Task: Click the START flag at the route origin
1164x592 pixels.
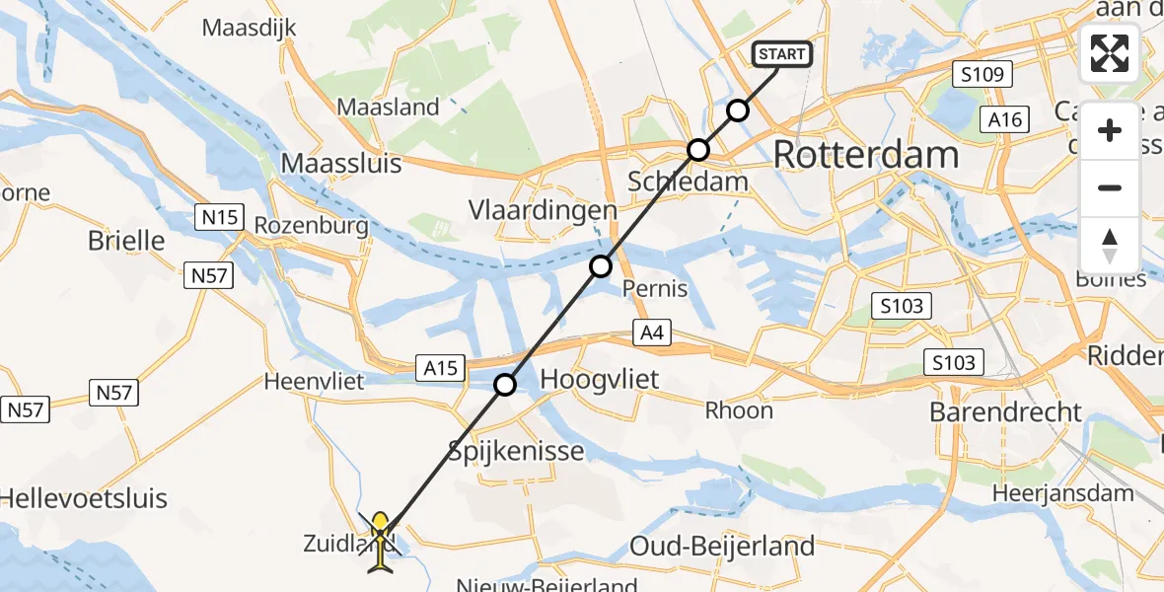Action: [x=783, y=54]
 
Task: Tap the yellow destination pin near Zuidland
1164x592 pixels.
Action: [x=380, y=531]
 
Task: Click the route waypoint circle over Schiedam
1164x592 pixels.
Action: [x=698, y=150]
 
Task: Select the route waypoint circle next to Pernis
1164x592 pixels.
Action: [x=601, y=266]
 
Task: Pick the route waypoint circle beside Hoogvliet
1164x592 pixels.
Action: [x=505, y=385]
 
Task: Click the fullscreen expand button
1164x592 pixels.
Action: [x=1110, y=53]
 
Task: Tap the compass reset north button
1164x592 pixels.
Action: [x=1110, y=245]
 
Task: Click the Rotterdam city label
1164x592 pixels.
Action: [x=866, y=155]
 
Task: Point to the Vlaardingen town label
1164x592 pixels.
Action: [x=557, y=210]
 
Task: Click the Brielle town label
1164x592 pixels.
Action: [x=126, y=240]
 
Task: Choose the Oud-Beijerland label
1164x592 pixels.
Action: [x=722, y=546]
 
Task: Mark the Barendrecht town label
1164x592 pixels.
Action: [x=1006, y=412]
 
